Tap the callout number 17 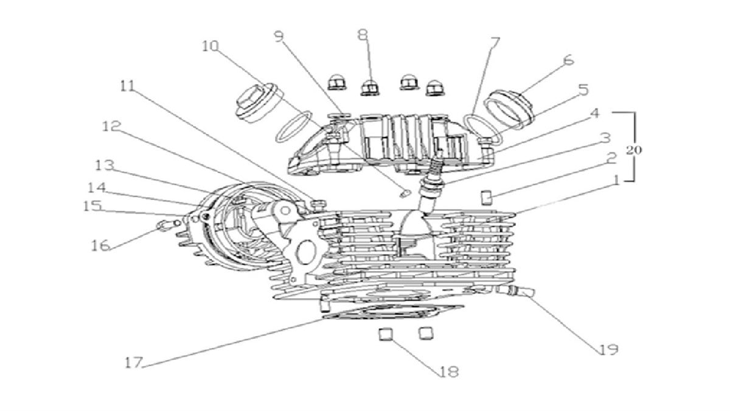pos(133,363)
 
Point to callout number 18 pos(448,371)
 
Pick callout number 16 pos(101,245)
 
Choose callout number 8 pos(363,35)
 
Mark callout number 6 pos(569,60)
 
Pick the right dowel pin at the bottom pos(425,333)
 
